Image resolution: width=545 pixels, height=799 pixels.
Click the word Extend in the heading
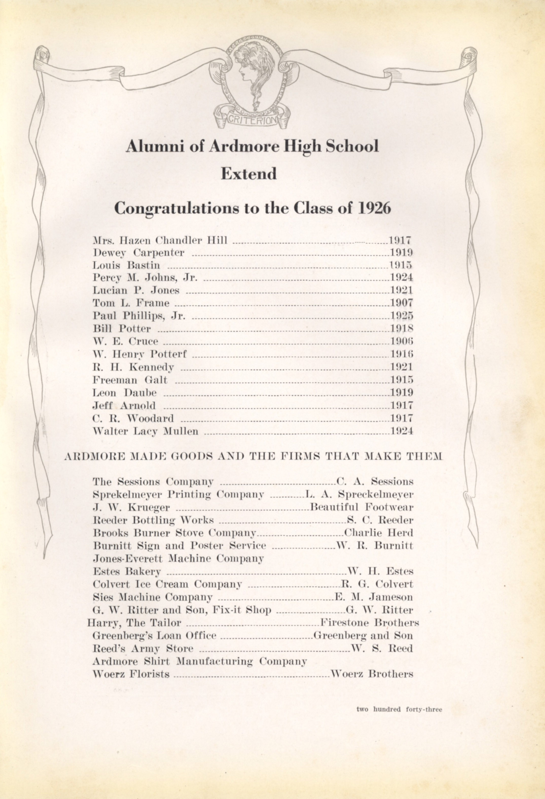248,173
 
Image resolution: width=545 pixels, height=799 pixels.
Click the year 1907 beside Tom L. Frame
401,303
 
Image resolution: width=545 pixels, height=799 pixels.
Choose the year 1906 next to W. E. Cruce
401,341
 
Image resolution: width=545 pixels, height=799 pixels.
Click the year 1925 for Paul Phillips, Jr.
401,316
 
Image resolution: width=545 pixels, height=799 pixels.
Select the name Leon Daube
125,393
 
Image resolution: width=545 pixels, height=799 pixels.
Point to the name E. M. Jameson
374,597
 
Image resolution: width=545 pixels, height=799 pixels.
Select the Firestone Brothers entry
369,623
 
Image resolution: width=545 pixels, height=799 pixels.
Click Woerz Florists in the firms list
131,674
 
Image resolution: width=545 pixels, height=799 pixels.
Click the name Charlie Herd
378,533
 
